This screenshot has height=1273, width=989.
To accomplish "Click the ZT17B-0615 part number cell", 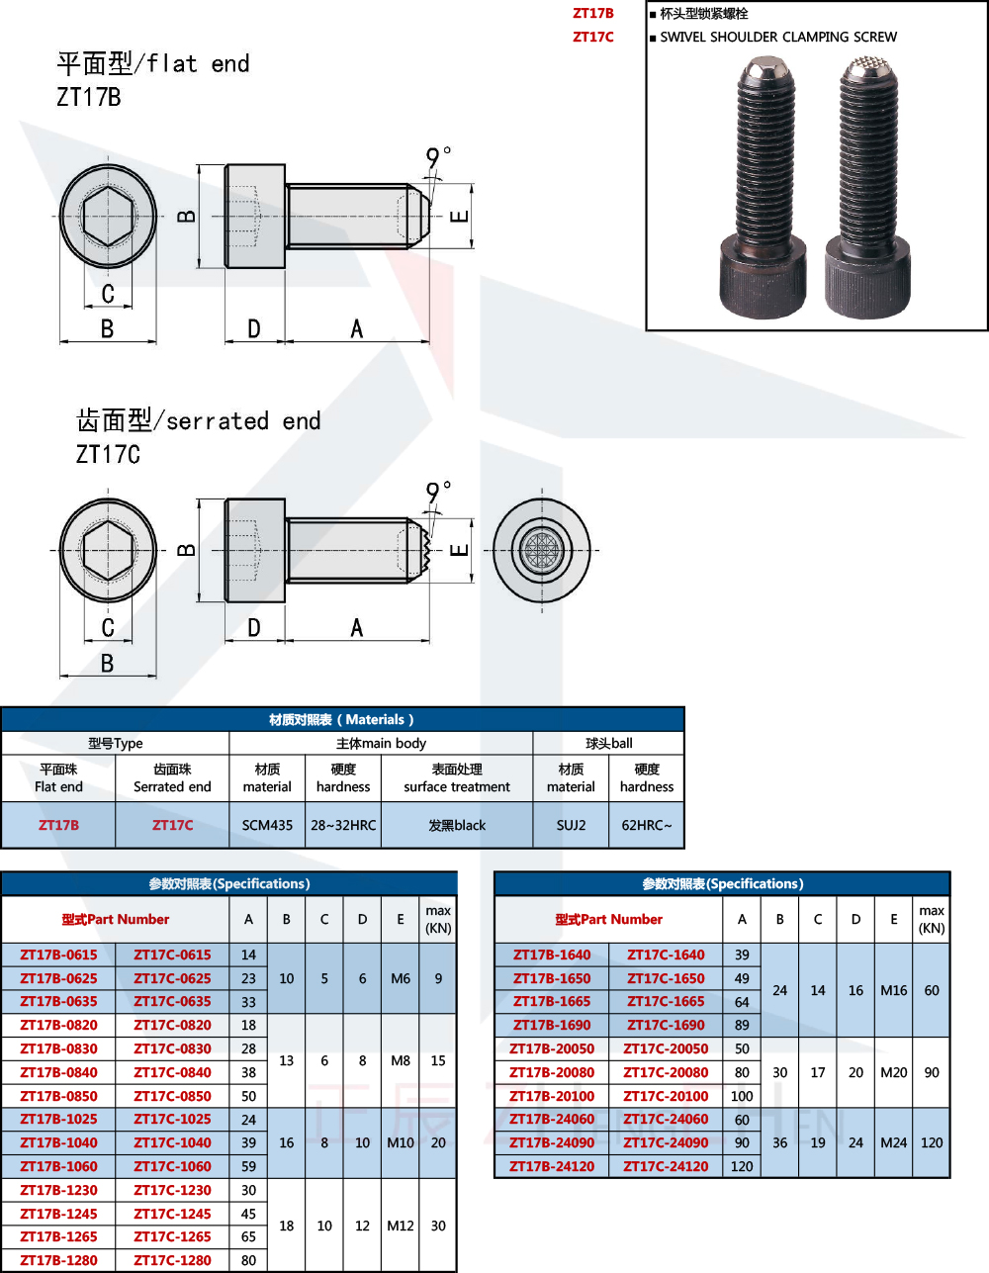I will (58, 955).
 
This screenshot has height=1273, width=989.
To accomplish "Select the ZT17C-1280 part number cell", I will (172, 1260).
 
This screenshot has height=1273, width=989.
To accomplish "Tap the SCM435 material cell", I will (267, 825).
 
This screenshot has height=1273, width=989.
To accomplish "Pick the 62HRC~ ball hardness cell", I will (646, 825).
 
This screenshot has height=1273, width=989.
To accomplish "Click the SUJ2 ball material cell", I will (571, 825).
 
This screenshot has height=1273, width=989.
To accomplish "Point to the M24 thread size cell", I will (893, 1142).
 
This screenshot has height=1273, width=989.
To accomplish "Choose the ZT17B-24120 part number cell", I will (552, 1166).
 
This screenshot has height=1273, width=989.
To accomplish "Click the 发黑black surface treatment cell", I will (456, 825).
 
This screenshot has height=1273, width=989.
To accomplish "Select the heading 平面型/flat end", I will (152, 64).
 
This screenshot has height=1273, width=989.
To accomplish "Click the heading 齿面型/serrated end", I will (198, 421).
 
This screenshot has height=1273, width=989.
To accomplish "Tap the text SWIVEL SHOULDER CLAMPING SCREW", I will (778, 37).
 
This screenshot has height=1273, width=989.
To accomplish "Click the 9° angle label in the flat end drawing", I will (437, 157).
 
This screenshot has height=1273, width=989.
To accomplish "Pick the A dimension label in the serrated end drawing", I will (357, 628).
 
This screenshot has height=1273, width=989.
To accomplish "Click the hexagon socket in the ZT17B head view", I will (108, 217).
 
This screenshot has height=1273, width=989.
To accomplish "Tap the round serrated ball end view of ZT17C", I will (542, 550).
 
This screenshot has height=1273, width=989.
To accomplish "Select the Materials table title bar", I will (342, 719).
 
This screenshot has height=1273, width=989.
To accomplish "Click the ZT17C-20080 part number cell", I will (666, 1072).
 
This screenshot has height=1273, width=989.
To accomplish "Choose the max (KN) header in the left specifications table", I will (437, 919).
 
